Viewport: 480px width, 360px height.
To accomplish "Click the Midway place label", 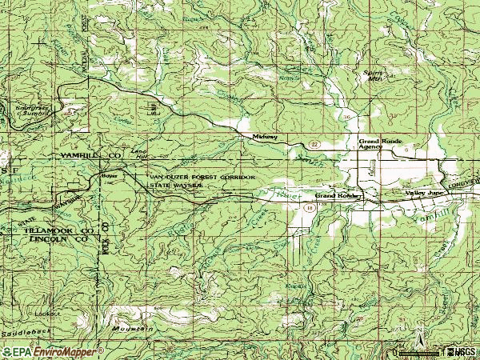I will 265,137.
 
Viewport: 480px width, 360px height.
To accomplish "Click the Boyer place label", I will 108,175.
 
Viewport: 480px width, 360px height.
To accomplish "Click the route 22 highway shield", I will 315,143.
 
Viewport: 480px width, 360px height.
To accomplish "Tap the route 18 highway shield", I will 309,206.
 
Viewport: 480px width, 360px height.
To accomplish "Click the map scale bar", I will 417,351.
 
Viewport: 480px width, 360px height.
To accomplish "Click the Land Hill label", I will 140,153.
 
